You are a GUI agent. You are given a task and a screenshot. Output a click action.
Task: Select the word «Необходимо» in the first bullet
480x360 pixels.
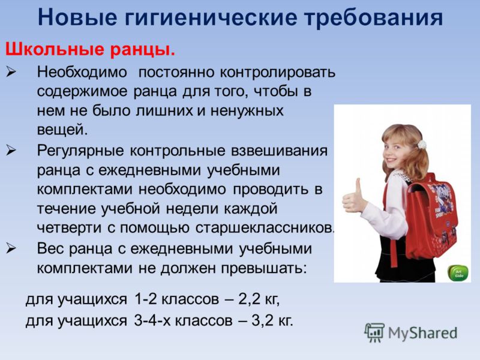click(82, 72)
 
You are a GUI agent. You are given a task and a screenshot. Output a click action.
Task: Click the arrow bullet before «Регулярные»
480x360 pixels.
click(11, 151)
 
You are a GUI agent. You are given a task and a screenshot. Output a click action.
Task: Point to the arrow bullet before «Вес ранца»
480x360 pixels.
click(11, 248)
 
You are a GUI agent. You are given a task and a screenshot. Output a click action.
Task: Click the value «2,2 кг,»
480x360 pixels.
click(259, 299)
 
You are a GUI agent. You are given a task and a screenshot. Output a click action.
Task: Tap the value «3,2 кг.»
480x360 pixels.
click(272, 320)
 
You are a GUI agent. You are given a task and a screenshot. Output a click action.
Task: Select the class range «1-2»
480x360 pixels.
click(146, 299)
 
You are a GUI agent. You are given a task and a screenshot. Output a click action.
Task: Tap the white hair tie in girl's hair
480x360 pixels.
click(422, 145)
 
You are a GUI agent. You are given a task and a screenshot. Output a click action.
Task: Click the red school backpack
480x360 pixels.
click(431, 217)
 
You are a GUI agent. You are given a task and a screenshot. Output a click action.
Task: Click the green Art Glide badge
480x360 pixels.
click(458, 273)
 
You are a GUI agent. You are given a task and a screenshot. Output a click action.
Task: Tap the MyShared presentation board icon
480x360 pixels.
click(374, 332)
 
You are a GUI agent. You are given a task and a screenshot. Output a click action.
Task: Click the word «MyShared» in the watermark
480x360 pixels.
click(423, 333)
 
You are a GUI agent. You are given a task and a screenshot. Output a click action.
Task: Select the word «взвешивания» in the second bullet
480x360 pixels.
click(280, 151)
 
